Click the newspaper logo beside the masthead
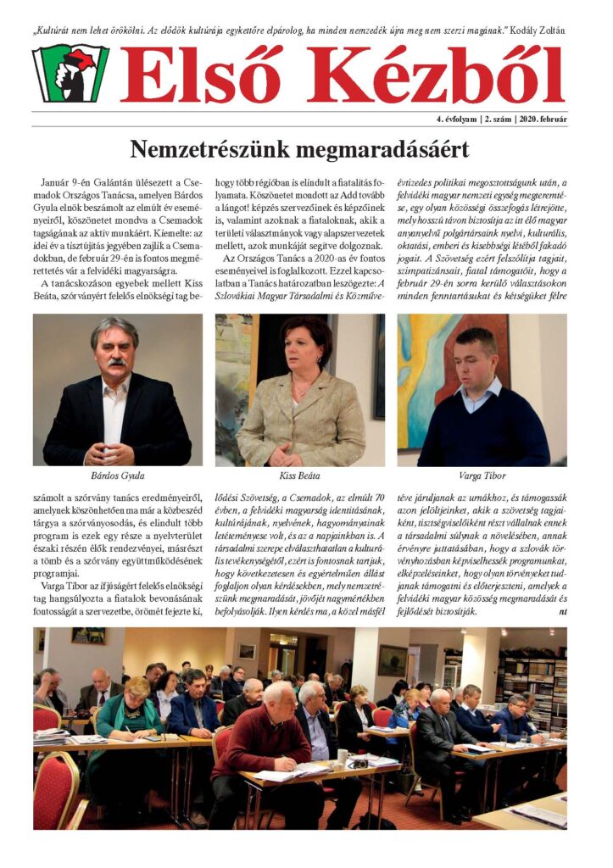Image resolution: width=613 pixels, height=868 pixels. click(70, 73)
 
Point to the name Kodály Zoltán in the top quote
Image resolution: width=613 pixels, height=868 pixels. click(537, 31)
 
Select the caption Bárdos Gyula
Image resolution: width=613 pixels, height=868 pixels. click(117, 476)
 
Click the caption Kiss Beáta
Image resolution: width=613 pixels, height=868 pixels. click(299, 476)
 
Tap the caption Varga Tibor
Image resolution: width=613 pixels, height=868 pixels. click(482, 476)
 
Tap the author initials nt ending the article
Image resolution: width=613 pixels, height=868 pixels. click(563, 610)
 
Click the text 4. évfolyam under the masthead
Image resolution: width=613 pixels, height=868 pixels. click(438, 120)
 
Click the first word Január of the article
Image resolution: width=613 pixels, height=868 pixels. click(58, 182)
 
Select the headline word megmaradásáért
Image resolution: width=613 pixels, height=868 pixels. click(385, 150)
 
